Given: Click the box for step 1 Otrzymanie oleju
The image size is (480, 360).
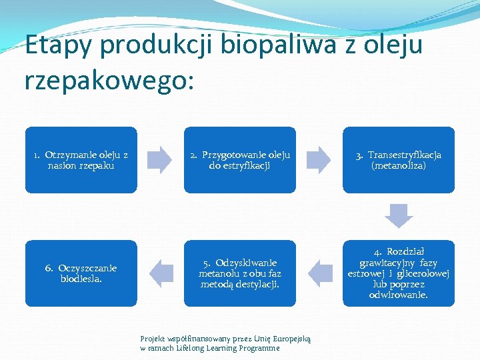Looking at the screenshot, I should (81, 160).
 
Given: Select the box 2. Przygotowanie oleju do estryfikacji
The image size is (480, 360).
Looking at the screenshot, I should (239, 160).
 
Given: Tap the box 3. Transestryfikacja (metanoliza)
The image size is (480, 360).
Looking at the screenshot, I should (398, 160).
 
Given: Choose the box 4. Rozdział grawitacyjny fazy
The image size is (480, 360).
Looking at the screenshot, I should (398, 273).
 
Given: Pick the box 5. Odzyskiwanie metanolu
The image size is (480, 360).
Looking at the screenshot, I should (239, 273).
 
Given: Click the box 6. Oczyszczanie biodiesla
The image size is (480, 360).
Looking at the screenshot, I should (81, 273).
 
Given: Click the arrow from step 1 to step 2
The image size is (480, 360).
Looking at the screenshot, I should (159, 160).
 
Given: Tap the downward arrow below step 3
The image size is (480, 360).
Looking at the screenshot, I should (399, 216).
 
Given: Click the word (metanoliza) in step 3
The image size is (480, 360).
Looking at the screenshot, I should (398, 165).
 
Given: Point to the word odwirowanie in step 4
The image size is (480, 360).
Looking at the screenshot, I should (398, 295).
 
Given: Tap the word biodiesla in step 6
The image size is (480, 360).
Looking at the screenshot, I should (81, 279).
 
